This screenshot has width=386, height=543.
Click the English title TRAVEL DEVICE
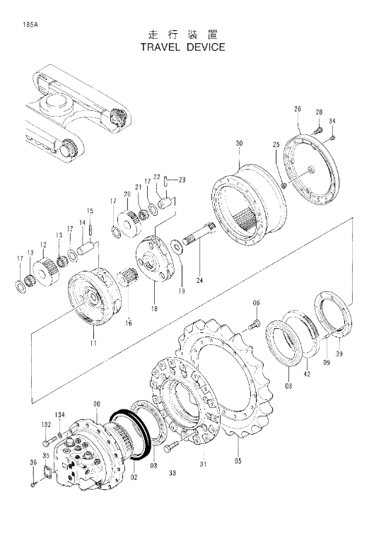(182, 47)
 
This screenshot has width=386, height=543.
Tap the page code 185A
(30, 25)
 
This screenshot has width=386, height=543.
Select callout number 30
(239, 144)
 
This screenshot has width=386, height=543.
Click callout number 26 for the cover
(298, 109)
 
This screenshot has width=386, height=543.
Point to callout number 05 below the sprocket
(238, 460)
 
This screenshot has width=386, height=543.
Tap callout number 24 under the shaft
(200, 280)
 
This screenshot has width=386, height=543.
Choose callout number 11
(93, 343)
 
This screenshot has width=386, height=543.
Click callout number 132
(46, 424)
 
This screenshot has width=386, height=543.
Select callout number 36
(33, 462)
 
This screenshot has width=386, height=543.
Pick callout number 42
(307, 373)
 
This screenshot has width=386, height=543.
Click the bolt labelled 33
(172, 447)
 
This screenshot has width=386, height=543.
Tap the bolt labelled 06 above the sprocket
(254, 325)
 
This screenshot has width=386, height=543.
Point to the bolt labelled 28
(318, 131)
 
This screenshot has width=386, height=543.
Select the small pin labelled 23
(167, 181)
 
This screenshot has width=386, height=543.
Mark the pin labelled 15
(90, 229)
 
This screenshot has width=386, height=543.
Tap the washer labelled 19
(178, 247)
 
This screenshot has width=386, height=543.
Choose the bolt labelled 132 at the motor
(50, 441)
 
